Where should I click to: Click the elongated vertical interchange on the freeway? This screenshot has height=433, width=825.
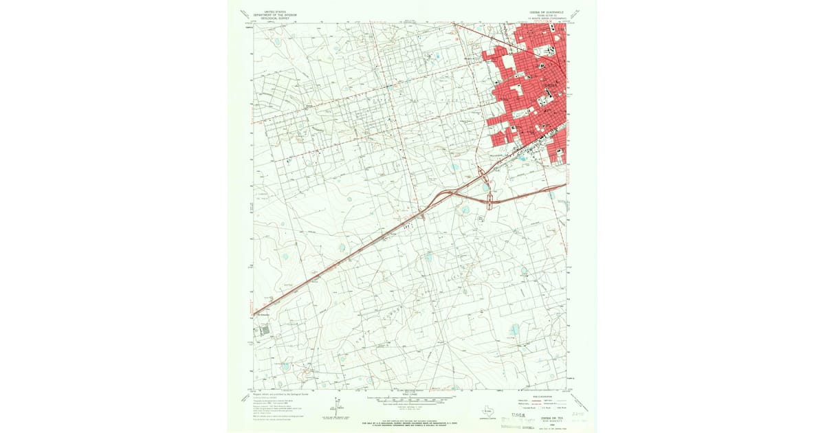pyautogui.click(x=489, y=201)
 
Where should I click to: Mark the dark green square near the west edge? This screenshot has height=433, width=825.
pyautogui.click(x=265, y=331)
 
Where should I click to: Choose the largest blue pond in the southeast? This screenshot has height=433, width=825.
pyautogui.click(x=514, y=331)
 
